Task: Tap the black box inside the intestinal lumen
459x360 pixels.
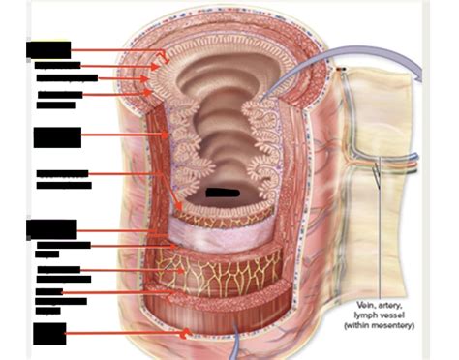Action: [x=222, y=193]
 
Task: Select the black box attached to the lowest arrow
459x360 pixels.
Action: [x=49, y=333]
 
